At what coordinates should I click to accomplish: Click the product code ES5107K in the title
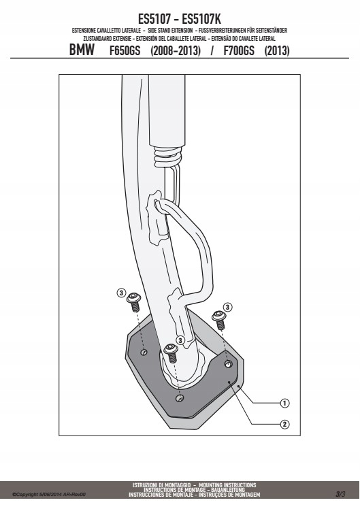click(x=201, y=19)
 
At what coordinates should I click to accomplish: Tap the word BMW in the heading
click(x=82, y=50)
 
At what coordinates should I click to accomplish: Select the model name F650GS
click(x=125, y=51)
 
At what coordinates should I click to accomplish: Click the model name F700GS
click(x=239, y=51)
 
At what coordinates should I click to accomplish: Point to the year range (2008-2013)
click(x=176, y=51)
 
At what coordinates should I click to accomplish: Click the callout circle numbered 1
click(x=284, y=403)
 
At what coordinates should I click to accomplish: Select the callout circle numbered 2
click(x=284, y=424)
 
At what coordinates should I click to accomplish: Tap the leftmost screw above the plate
click(x=134, y=301)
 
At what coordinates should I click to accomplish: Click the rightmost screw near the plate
click(x=219, y=320)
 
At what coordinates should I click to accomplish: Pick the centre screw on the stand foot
click(x=171, y=353)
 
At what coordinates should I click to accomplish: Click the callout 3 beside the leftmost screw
click(x=121, y=293)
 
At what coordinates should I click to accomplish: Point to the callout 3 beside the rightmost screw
click(x=227, y=307)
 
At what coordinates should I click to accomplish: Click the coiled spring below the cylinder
click(x=167, y=156)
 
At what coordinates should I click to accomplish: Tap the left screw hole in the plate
click(x=144, y=352)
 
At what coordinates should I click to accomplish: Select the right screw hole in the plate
click(x=229, y=365)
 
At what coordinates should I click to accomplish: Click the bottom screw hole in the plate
click(x=179, y=398)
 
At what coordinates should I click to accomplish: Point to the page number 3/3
click(x=340, y=494)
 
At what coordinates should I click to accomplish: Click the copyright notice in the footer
click(x=49, y=495)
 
